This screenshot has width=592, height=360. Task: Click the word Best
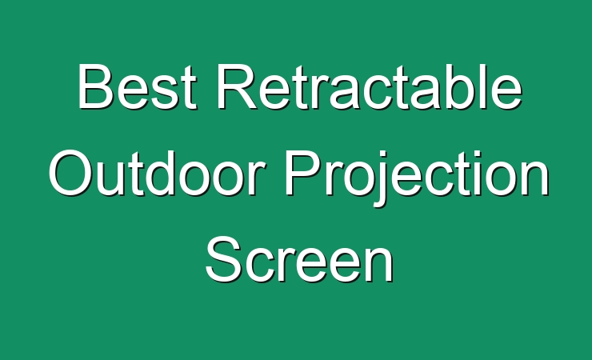(x=138, y=86)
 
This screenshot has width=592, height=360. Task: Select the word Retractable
(x=369, y=86)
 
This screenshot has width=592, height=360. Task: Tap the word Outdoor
(x=157, y=173)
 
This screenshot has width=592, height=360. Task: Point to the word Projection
(x=417, y=178)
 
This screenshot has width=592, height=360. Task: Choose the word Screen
(x=300, y=259)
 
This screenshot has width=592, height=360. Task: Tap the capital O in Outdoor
(x=71, y=173)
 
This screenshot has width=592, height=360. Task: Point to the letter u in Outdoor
(x=110, y=179)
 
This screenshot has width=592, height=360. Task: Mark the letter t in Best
(x=189, y=88)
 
